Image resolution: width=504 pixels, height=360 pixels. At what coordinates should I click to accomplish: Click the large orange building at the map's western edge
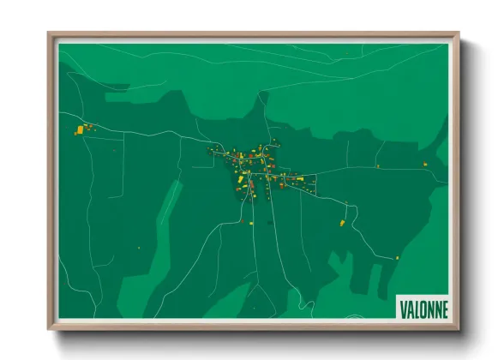tap(81, 130)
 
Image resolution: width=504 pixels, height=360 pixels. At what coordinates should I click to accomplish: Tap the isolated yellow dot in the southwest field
tap(139, 248)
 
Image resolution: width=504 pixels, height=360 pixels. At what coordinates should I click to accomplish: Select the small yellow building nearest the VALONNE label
tap(397, 257)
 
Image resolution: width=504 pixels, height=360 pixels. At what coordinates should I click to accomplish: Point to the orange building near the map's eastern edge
tap(424, 164)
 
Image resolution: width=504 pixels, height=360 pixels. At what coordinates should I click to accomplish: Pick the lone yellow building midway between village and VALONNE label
tap(342, 223)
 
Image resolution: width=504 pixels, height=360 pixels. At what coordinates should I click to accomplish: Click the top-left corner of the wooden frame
tap(49, 34)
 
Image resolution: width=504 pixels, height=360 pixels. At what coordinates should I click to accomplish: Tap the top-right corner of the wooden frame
tap(459, 34)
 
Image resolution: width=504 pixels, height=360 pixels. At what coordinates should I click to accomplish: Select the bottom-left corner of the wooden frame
tap(49, 329)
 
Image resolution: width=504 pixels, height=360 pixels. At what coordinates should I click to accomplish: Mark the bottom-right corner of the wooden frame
tap(459, 329)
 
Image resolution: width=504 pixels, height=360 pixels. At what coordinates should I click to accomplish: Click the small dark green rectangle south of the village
tap(269, 222)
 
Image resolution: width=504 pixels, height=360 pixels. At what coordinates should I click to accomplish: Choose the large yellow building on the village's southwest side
tap(241, 181)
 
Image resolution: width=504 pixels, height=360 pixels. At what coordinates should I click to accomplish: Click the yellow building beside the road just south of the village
tap(252, 223)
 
